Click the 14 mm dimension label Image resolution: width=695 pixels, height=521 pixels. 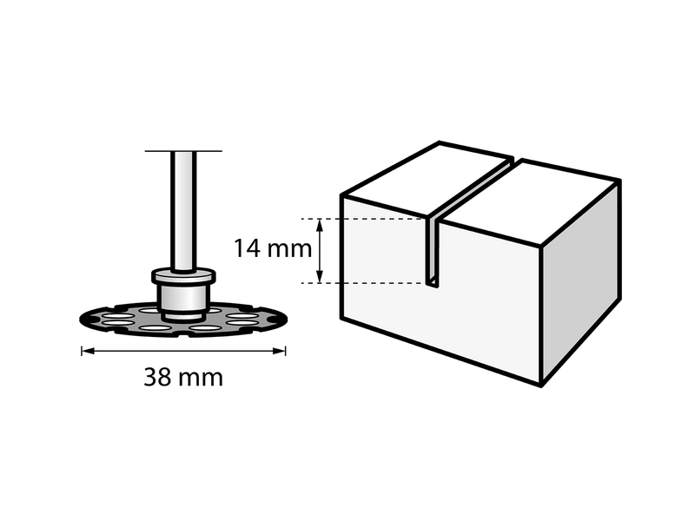273,249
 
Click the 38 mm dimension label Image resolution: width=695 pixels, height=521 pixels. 183,378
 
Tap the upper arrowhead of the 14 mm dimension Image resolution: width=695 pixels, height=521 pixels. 320,225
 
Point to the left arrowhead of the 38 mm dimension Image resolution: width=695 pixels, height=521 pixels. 88,351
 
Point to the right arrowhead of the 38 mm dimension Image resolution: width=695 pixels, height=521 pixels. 279,351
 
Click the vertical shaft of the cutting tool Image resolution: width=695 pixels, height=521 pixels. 183,211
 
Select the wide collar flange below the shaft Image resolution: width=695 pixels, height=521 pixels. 183,277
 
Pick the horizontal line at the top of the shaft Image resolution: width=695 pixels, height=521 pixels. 183,151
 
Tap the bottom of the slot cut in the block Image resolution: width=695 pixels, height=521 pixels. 433,284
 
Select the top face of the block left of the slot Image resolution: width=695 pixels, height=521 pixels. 427,177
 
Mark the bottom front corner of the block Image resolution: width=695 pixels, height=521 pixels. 541,386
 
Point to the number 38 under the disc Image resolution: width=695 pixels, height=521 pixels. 157,378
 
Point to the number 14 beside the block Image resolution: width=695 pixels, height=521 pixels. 247,249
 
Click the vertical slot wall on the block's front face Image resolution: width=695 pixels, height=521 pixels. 429,250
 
